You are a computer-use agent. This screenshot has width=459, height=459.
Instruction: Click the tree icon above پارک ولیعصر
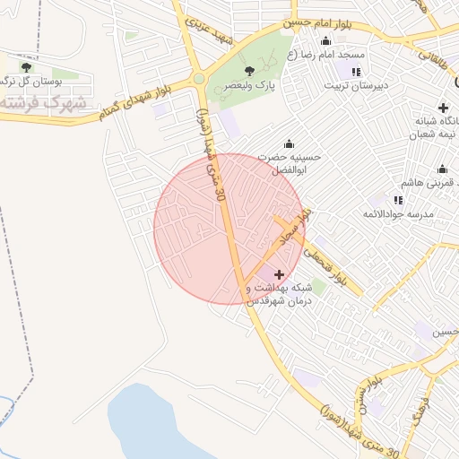[x=249, y=71]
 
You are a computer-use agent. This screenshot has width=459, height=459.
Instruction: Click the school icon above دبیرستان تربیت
[x=357, y=72]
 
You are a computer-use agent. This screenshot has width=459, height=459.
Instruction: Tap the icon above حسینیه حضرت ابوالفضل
[x=289, y=143]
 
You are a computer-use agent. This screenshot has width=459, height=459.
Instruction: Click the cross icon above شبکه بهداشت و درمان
[x=279, y=274]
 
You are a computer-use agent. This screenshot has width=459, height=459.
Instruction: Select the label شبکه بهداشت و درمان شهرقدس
[x=278, y=294]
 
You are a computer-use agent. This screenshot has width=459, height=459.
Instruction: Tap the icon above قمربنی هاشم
[x=441, y=169]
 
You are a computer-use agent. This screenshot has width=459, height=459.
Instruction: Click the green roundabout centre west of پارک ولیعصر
[x=198, y=80]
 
